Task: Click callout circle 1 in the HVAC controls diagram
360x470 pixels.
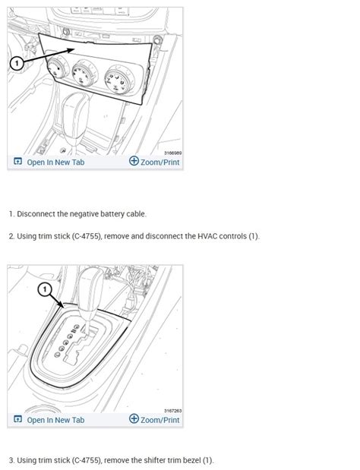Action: [17, 64]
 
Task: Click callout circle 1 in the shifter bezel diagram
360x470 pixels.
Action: [44, 289]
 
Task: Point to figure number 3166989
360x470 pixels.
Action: [172, 153]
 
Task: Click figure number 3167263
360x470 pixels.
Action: [172, 411]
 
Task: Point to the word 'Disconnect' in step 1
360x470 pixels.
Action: [39, 214]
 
